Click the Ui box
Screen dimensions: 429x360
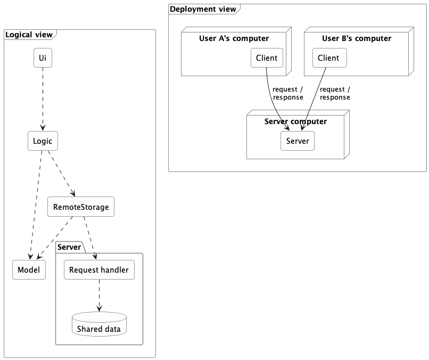[x=43, y=58]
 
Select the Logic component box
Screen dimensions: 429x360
[x=43, y=141]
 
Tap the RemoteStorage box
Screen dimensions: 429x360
[x=81, y=207]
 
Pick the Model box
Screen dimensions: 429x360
[x=29, y=269]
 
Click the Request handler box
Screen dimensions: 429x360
[x=99, y=269]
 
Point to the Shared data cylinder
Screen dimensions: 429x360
[x=99, y=324]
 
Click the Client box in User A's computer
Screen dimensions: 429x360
[x=267, y=58]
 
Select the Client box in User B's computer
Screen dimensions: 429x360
[x=329, y=58]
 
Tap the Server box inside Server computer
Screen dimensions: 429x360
[x=298, y=141]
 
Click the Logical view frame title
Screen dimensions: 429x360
[x=29, y=35]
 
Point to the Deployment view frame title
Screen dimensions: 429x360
[x=203, y=9]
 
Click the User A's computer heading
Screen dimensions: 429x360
[x=234, y=38]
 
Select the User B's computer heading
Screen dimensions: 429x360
[x=357, y=38]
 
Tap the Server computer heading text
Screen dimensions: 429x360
[x=295, y=121]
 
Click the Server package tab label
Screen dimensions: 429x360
[x=69, y=247]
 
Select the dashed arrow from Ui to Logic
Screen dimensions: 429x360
[x=43, y=99]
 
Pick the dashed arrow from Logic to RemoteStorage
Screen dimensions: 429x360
[x=61, y=174]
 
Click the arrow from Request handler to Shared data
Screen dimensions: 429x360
[x=99, y=296]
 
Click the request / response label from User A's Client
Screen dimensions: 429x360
[x=288, y=93]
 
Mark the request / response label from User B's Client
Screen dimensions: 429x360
[x=335, y=93]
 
